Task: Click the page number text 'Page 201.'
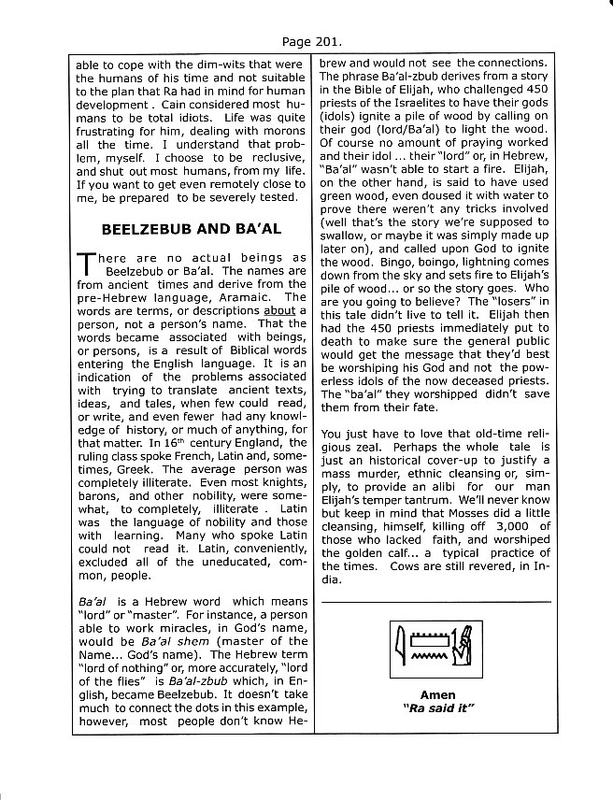click(x=306, y=41)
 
